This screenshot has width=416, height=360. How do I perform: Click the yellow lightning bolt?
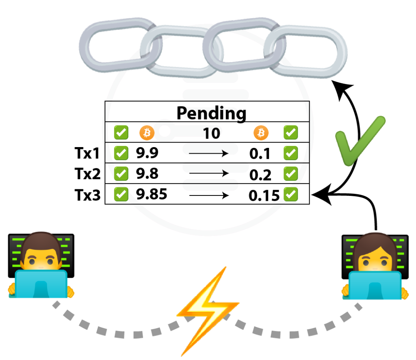click(x=208, y=311)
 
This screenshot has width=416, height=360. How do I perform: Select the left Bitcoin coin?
click(x=147, y=132)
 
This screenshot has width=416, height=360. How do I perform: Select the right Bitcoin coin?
click(x=261, y=132)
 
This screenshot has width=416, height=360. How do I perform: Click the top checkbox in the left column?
click(x=121, y=132)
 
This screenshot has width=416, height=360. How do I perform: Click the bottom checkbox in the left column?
click(x=121, y=194)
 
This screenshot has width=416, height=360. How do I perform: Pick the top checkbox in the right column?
click(x=290, y=132)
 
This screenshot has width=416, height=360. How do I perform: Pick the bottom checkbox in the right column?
click(x=290, y=194)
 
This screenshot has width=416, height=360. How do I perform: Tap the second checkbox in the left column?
click(x=121, y=153)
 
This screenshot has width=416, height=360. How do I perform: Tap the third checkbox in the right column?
click(x=290, y=173)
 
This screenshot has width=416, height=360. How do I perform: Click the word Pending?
click(x=209, y=114)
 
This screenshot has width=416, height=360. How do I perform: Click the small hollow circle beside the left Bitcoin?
click(x=165, y=131)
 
